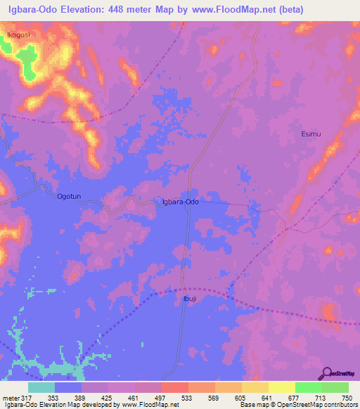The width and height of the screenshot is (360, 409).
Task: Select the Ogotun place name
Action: click(70, 197)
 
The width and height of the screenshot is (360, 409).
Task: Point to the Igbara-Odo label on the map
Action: click(181, 202)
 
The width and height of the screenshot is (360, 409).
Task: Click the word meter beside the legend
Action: click(10, 398)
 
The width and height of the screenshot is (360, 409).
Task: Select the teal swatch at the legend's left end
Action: click(41, 387)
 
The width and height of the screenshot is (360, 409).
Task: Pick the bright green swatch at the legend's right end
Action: click(335, 387)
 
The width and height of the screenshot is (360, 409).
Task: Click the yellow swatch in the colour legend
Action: click(281, 387)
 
